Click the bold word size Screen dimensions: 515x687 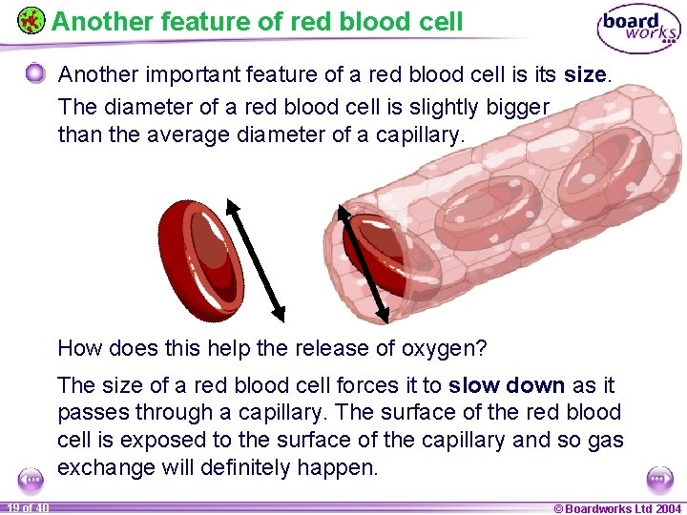(x=584, y=75)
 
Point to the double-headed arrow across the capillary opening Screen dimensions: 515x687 (x=364, y=262)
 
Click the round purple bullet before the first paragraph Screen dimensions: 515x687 (x=35, y=74)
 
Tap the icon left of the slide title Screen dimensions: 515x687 (x=31, y=20)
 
